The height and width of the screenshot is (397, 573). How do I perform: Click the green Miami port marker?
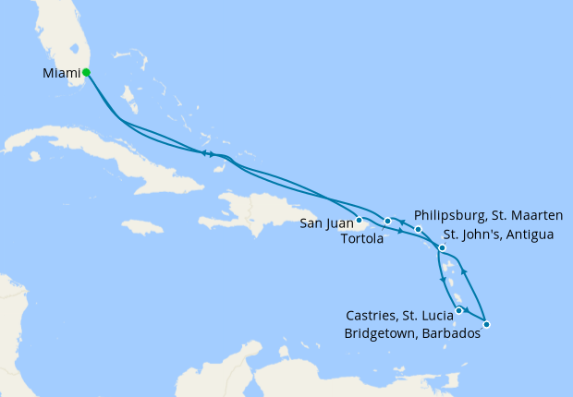86,72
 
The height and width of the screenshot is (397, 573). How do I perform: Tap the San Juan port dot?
359,220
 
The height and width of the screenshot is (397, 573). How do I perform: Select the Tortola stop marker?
388,221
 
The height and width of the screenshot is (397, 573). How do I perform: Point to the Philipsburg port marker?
419,229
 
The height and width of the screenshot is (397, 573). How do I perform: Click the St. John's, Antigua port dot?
443,247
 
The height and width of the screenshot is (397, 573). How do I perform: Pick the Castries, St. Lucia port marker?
459,311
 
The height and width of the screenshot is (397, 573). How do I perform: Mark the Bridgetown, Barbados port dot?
486,324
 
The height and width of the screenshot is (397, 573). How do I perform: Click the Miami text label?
60,73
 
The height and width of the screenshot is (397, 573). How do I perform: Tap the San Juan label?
324,223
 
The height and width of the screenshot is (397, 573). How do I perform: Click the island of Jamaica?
141,226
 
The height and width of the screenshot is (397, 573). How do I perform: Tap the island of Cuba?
102,152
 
